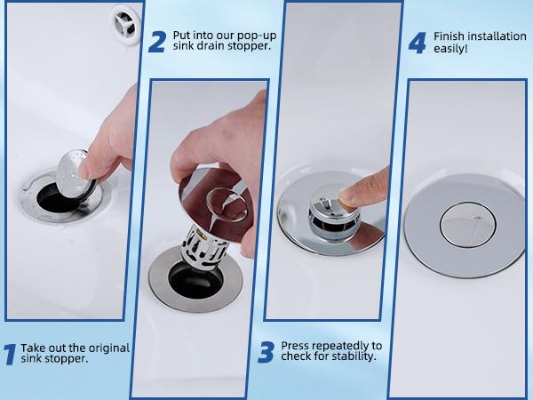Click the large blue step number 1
pyautogui.click(x=10, y=355)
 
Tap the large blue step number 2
pyautogui.click(x=157, y=42)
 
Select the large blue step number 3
pyautogui.click(x=266, y=353)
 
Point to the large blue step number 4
pyautogui.click(x=418, y=44)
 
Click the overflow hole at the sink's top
pyautogui.click(x=126, y=24)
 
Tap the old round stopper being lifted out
pyautogui.click(x=72, y=173)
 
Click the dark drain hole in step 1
pyautogui.click(x=56, y=200)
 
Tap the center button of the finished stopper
pyautogui.click(x=468, y=224)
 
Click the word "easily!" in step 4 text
pyautogui.click(x=450, y=48)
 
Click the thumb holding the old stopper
pyautogui.click(x=87, y=170)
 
